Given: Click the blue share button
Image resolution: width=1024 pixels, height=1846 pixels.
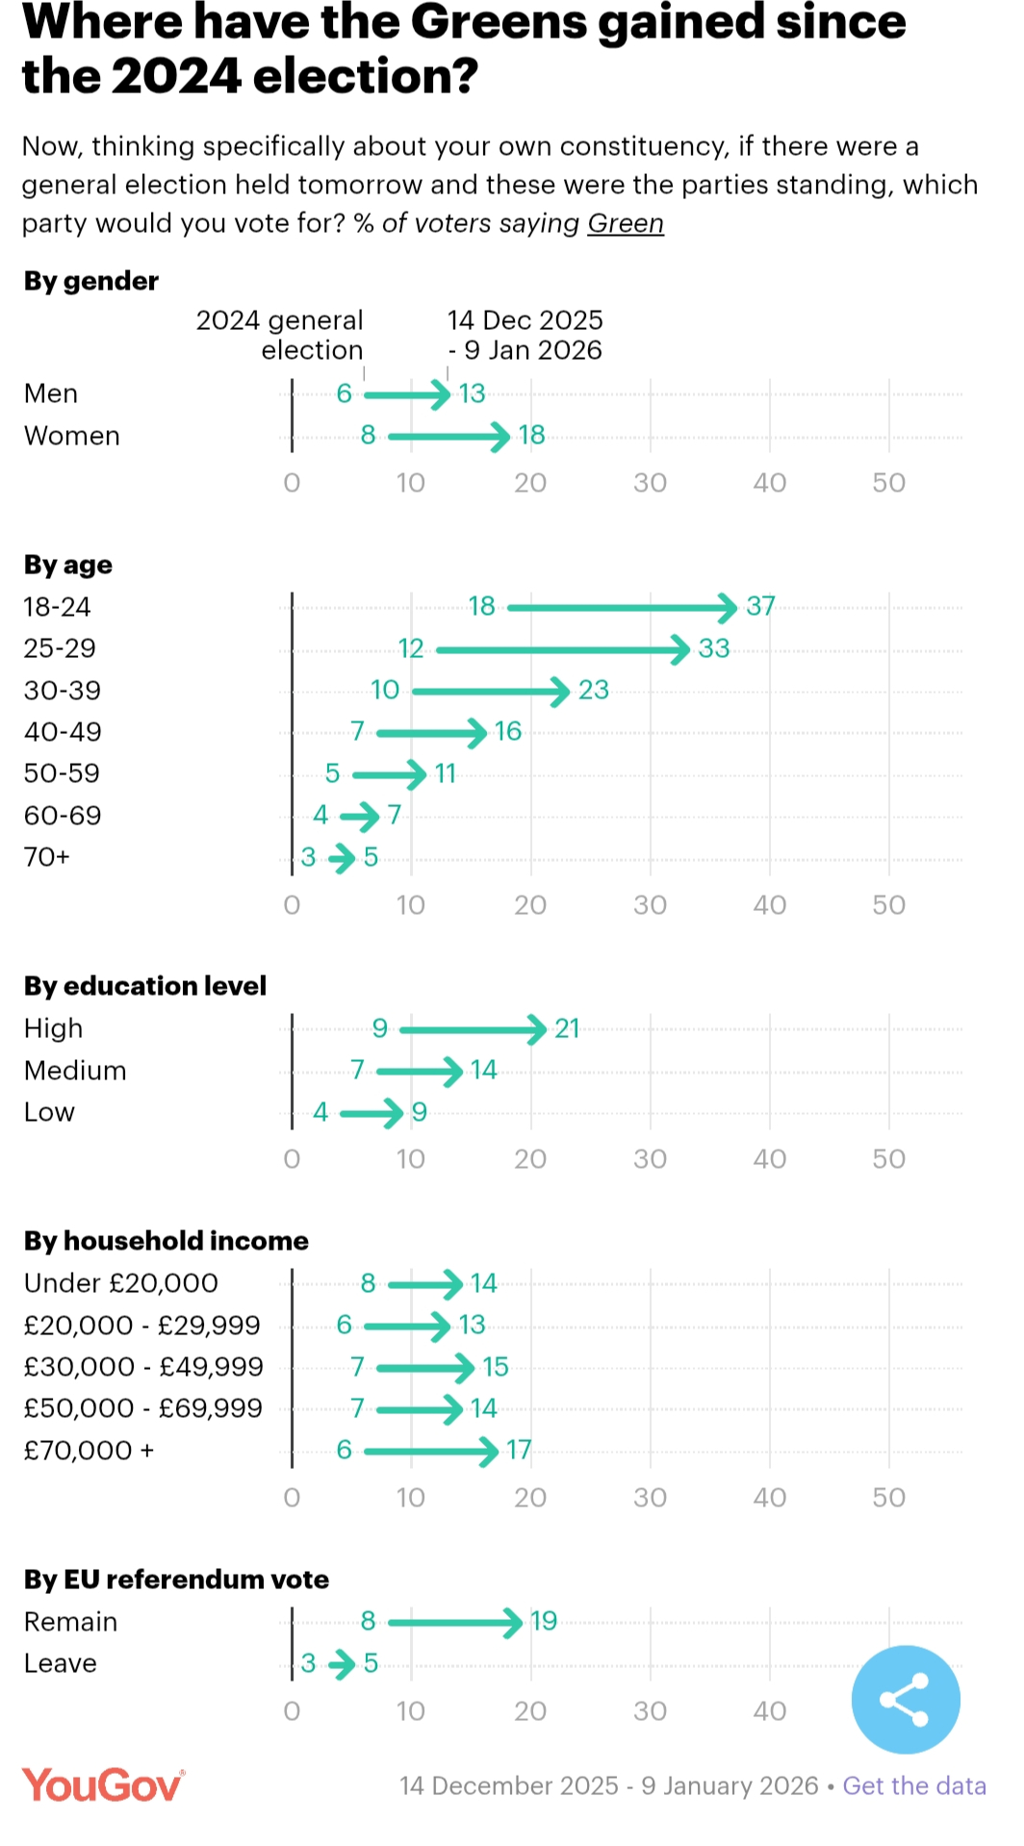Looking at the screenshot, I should [x=905, y=1699].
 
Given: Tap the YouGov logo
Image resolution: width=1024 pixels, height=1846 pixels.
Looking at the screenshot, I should [x=103, y=1785].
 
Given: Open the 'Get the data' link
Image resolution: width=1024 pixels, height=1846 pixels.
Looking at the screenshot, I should [x=913, y=1785].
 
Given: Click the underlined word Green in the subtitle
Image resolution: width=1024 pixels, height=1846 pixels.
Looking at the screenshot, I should [x=626, y=223].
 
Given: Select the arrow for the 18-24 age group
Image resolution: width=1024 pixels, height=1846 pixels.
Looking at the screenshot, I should [x=621, y=607].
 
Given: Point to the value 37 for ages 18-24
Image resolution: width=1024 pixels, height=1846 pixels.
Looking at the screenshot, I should [x=760, y=606].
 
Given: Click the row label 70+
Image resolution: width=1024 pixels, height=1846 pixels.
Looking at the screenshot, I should [x=47, y=857].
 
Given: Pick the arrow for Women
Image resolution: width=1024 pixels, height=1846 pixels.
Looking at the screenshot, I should [x=448, y=436].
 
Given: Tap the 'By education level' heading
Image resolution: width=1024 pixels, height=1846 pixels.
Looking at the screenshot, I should [x=145, y=986].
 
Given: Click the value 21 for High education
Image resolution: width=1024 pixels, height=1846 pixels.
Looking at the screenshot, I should [x=567, y=1028].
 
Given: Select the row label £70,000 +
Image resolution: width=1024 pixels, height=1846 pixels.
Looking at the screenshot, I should [x=89, y=1450].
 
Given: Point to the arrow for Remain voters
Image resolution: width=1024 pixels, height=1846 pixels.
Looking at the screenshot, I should [x=454, y=1622].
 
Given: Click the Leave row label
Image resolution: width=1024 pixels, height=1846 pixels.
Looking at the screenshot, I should [x=61, y=1663].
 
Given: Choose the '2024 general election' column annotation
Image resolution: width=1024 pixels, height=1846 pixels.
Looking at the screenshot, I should [x=280, y=335].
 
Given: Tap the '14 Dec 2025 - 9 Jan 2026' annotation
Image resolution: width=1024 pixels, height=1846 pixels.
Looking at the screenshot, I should [x=525, y=335].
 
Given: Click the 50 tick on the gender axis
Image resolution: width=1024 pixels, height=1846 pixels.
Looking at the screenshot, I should [x=888, y=483].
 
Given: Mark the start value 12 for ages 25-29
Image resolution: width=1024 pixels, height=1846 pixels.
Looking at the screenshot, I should [x=411, y=648].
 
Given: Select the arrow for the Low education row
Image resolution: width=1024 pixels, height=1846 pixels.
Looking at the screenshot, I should [x=371, y=1113].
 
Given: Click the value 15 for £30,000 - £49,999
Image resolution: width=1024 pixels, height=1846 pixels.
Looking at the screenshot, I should [x=495, y=1367].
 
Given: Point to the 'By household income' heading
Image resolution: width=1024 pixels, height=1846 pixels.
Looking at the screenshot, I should [x=166, y=1241].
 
